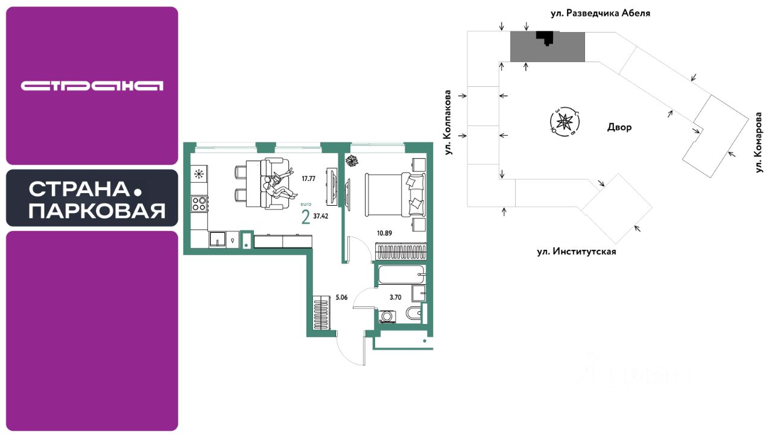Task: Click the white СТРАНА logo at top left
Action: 92,86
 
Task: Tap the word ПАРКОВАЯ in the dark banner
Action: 96,211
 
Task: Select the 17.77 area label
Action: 308,178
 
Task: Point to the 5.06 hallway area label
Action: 341,297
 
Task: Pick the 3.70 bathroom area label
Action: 396,297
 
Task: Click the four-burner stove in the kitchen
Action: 199,203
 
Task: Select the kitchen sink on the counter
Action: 217,240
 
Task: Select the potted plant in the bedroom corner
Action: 352,160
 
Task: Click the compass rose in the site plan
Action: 565,121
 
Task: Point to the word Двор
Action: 619,127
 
